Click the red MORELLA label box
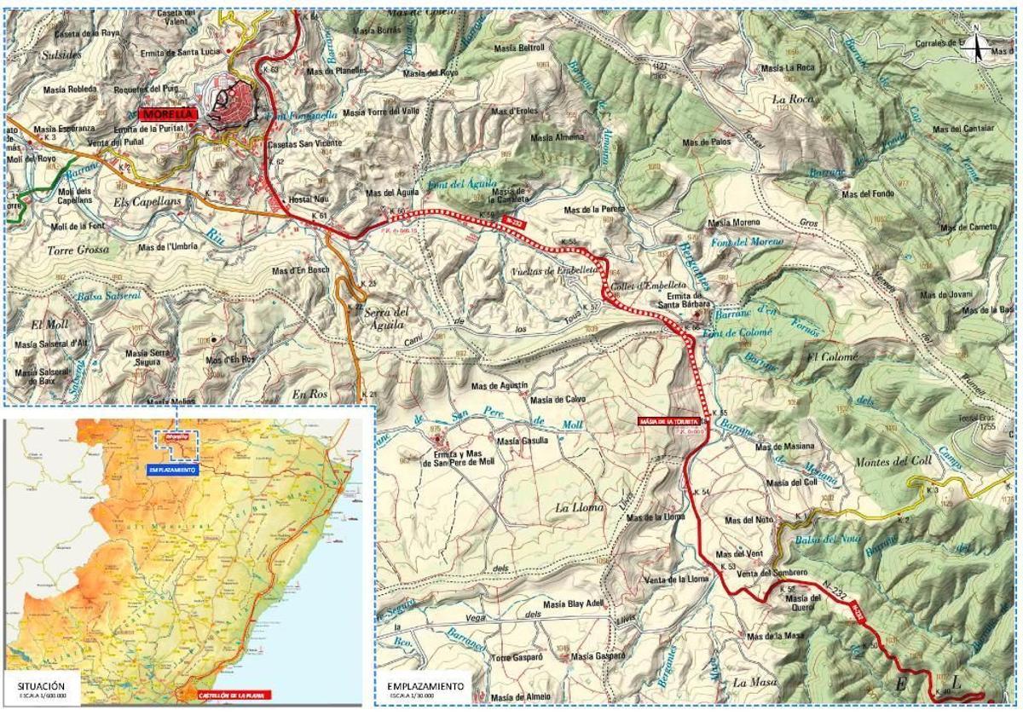pyautogui.click(x=168, y=113)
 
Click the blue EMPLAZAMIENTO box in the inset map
pyautogui.click(x=172, y=470)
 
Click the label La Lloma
pyautogui.click(x=579, y=507)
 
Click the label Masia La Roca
pyautogui.click(x=788, y=67)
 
